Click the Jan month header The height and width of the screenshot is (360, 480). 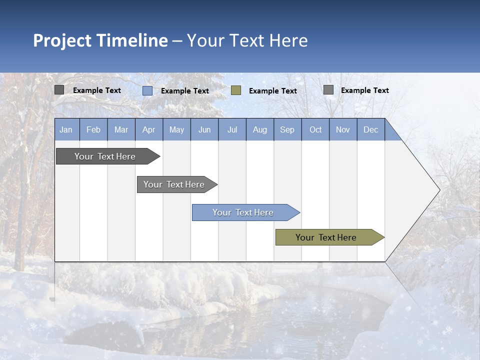[x=66, y=130]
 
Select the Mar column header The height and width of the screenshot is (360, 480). [x=121, y=130]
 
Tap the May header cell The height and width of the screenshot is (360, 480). [x=176, y=130]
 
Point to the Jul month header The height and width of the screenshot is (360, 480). [x=232, y=130]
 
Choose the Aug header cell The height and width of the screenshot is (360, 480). [x=259, y=130]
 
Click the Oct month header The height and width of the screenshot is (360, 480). [x=315, y=130]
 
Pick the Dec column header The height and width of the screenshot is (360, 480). [x=370, y=130]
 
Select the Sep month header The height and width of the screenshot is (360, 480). [x=287, y=130]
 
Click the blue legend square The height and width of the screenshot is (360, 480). [x=147, y=90]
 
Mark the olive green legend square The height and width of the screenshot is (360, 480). [x=236, y=90]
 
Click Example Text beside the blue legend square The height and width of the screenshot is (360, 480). [x=185, y=91]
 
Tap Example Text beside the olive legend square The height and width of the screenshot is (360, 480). [x=273, y=91]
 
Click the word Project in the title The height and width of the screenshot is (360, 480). [x=62, y=40]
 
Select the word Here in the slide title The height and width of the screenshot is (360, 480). [x=288, y=40]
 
